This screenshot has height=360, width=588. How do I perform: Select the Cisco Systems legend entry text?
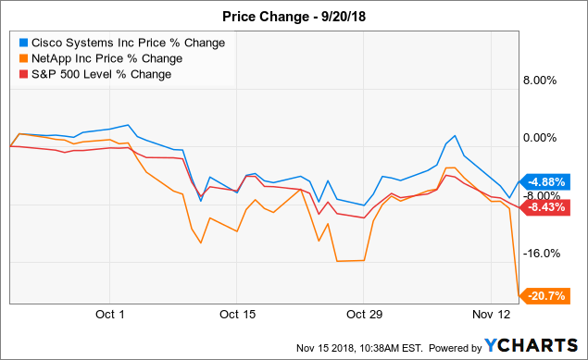tap(126, 43)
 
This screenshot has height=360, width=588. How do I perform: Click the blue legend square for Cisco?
tap(22, 43)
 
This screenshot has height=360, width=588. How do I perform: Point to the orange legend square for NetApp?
tap(22, 58)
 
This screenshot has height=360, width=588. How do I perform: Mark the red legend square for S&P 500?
tap(22, 74)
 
